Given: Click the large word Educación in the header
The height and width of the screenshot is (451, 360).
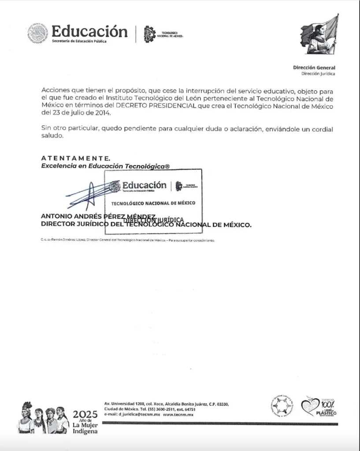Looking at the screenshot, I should point(89,31).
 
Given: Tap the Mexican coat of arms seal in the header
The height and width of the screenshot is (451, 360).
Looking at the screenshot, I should point(38,33).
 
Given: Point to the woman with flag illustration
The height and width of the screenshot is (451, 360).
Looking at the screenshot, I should point(320,34).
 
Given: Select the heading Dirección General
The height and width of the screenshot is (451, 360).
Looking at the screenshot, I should point(314,68).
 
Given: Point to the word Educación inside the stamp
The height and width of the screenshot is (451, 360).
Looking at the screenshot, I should point(144,185).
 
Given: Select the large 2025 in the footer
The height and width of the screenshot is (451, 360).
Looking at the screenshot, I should point(85,414).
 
